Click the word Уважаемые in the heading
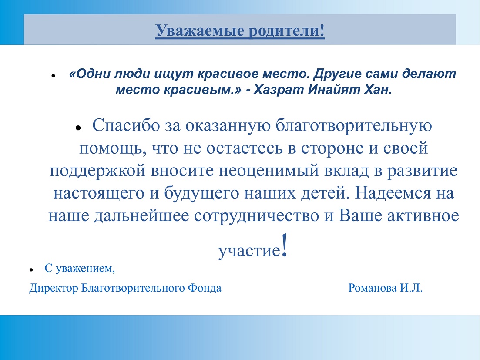[x=200, y=31]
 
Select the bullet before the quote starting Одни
[x=53, y=75]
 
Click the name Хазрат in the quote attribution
[x=279, y=90]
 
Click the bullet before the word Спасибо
[x=78, y=128]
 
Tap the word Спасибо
[x=126, y=125]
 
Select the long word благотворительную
[x=353, y=125]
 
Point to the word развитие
[x=423, y=171]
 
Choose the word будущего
[x=201, y=193]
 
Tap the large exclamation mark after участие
[x=284, y=245]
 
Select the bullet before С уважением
[x=31, y=270]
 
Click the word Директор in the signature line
[x=54, y=288]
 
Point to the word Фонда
[x=205, y=288]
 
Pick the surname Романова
[x=373, y=288]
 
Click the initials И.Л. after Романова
[x=411, y=288]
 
